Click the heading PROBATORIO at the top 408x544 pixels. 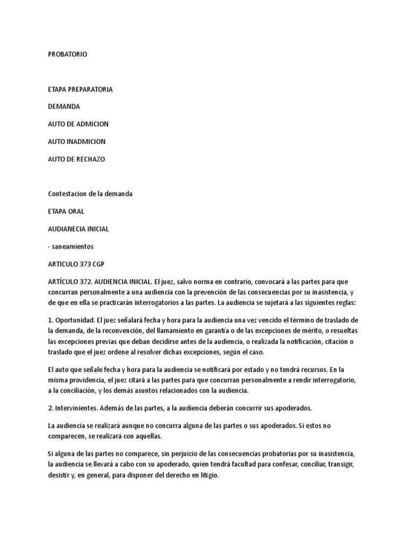click(x=67, y=55)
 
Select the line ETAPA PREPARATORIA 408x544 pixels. click(x=80, y=89)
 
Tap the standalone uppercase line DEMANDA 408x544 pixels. click(x=64, y=106)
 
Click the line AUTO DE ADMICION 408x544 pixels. click(x=78, y=124)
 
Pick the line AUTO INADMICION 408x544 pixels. click(x=76, y=141)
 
